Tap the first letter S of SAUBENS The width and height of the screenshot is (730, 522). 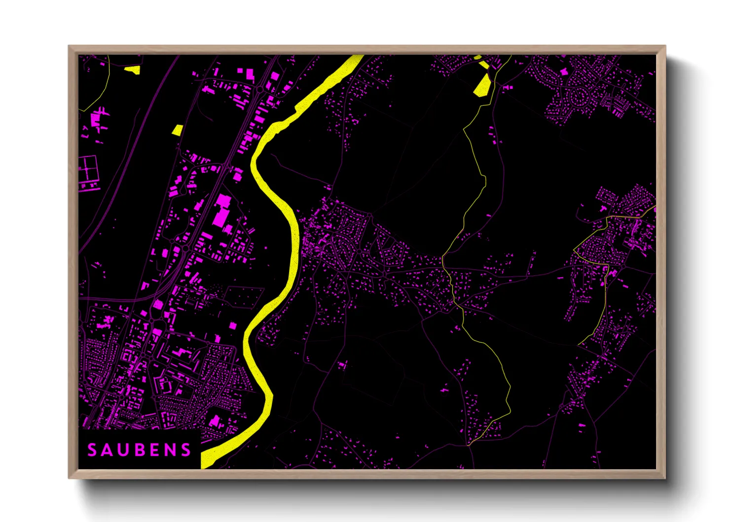coord(92,450)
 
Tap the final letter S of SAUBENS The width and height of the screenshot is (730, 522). coord(185,450)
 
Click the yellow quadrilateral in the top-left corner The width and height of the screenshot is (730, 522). coord(133,70)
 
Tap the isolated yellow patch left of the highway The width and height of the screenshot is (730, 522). coord(177,130)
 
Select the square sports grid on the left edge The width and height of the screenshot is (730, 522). coord(88,168)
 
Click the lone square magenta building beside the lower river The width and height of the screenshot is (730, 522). coord(233,325)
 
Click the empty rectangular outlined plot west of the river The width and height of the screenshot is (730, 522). coord(244,296)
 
